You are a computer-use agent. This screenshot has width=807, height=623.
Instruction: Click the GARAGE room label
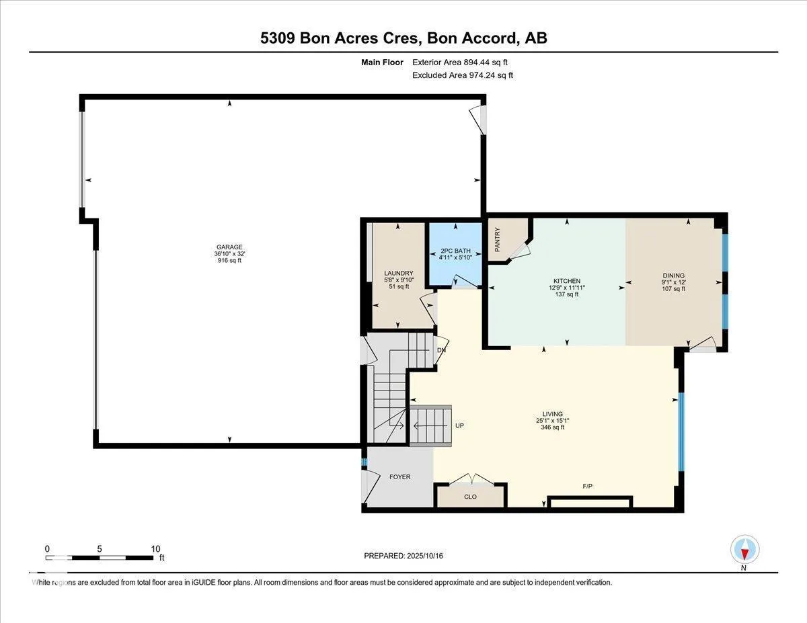coord(229,247)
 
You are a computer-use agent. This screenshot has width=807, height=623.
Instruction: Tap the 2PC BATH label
coord(455,251)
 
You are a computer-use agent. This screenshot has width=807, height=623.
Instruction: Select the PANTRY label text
coord(498,239)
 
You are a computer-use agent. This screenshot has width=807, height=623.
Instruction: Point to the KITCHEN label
coord(567,281)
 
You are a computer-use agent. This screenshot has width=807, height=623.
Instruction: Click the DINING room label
coord(674,276)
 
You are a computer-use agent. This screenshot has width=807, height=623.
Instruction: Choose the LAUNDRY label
coord(399,273)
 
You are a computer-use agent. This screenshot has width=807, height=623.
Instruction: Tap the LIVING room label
coord(553,414)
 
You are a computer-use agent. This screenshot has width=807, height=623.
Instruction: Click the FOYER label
coord(400,476)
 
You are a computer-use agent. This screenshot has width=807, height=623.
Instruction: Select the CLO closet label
coord(470,497)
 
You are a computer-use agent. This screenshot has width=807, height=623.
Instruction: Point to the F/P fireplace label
coord(588,486)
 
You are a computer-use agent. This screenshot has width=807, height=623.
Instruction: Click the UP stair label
coord(460,425)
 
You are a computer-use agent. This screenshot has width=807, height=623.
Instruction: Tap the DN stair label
coord(441,350)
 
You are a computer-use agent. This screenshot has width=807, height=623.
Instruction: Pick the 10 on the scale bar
coord(155,549)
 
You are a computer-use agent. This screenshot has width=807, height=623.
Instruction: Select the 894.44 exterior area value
coord(477,63)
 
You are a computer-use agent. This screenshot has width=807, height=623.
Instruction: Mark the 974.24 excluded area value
coord(482,75)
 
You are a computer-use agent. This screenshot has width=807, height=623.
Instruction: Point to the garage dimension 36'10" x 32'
coord(229,254)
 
